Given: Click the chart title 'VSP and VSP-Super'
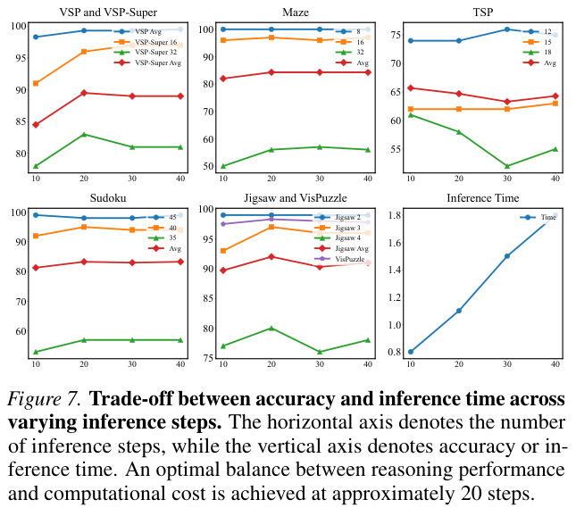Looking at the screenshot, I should tap(107, 13).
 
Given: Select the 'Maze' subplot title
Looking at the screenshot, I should tap(295, 13).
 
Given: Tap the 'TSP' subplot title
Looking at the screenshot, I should tap(483, 13).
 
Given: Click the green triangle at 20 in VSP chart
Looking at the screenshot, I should tap(83, 134).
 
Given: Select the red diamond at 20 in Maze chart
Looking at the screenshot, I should tap(271, 72).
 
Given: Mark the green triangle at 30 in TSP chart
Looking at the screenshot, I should tap(507, 166).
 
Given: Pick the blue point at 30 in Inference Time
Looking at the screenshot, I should tap(507, 256).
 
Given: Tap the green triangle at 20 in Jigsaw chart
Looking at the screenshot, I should tap(271, 328).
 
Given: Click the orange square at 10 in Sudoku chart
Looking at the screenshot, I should tap(35, 236).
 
